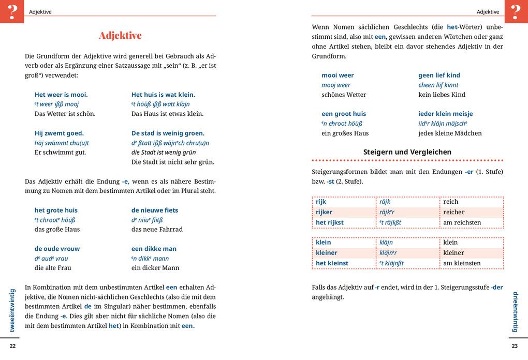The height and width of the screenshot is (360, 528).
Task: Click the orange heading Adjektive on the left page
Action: click(x=120, y=36)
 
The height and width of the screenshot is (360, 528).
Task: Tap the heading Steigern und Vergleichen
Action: click(x=407, y=152)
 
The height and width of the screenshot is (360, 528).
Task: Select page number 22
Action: click(x=13, y=346)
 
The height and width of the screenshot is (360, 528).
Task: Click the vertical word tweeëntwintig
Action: click(x=12, y=310)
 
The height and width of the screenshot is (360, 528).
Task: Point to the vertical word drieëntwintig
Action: click(x=515, y=311)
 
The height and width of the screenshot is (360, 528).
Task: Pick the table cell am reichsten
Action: click(x=462, y=222)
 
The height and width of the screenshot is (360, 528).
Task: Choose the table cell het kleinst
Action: click(x=332, y=263)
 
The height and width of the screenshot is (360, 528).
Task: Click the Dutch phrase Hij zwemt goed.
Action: click(x=59, y=133)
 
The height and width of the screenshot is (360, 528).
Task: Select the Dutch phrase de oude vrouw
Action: click(x=57, y=249)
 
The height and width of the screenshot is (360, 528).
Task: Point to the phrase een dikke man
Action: click(x=154, y=249)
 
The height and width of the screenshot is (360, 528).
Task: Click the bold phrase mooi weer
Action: click(x=338, y=76)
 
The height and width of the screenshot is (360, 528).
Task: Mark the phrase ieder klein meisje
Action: click(x=445, y=114)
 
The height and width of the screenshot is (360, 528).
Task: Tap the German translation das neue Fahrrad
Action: click(x=157, y=229)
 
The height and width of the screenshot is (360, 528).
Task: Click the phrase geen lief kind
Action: click(x=439, y=76)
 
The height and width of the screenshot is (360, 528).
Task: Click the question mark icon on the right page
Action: click(x=516, y=11)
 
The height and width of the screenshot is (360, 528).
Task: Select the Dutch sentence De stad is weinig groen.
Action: click(x=168, y=133)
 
